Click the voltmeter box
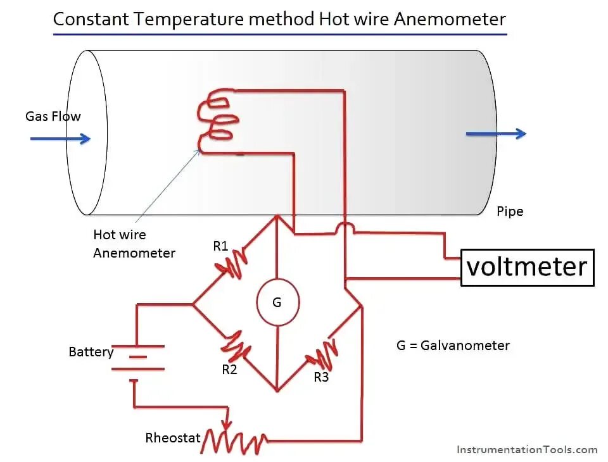pos(527,267)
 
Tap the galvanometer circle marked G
pos(277,303)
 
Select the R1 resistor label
pos(220,246)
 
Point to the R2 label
pos(229,370)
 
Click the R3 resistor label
pos(321,377)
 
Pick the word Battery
pos(91,352)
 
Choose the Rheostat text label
pos(173,437)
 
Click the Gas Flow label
pos(53,116)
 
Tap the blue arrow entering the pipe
pos(60,139)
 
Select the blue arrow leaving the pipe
pos(496,134)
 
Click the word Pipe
pos(510,211)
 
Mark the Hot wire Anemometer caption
pos(134,244)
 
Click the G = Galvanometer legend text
pos(453,346)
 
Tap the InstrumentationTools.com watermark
pos(526,450)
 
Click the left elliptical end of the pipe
pos(87,132)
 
